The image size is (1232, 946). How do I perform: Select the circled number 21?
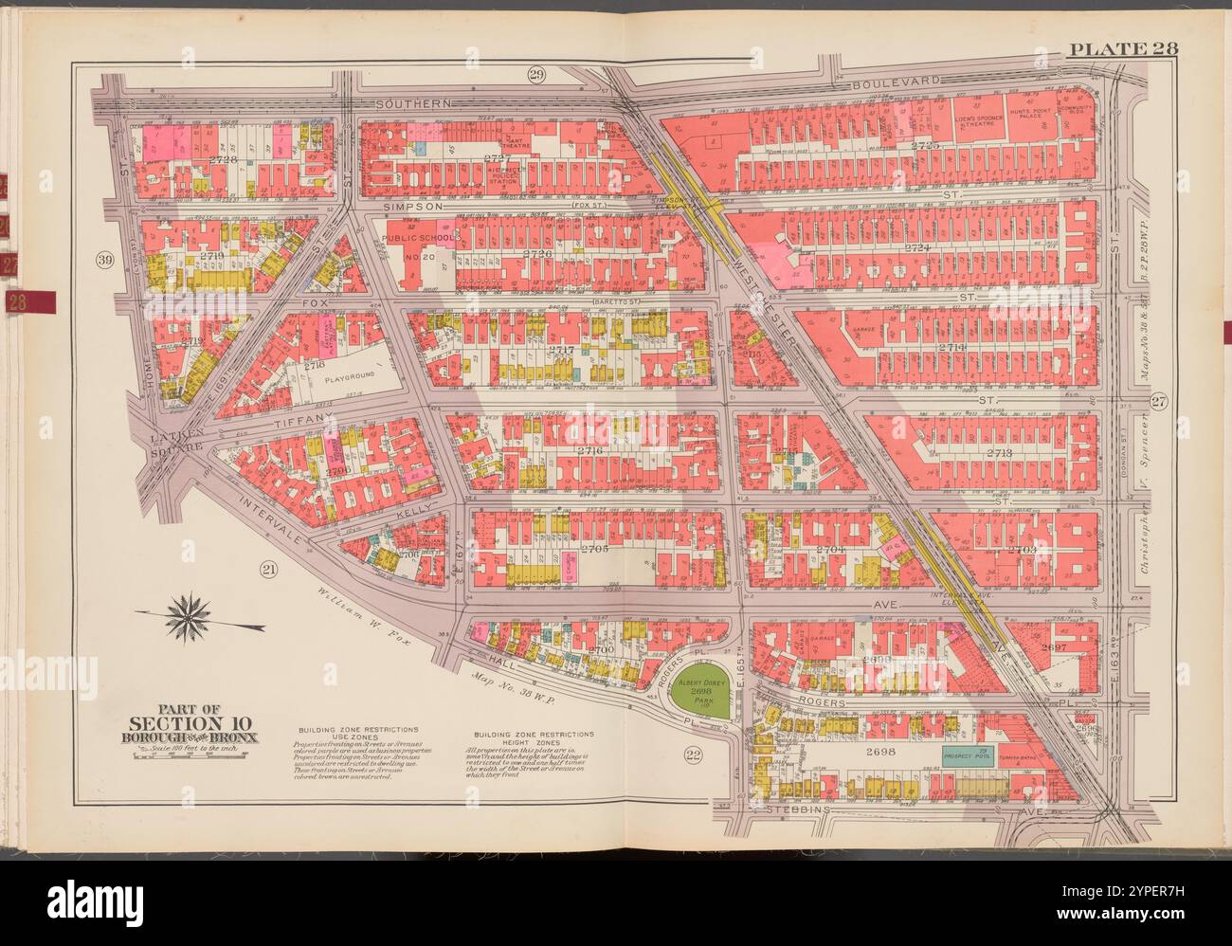click(x=268, y=569)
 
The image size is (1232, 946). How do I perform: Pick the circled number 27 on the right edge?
click(x=1157, y=402)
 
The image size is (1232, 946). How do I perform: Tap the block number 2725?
click(x=923, y=146)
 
